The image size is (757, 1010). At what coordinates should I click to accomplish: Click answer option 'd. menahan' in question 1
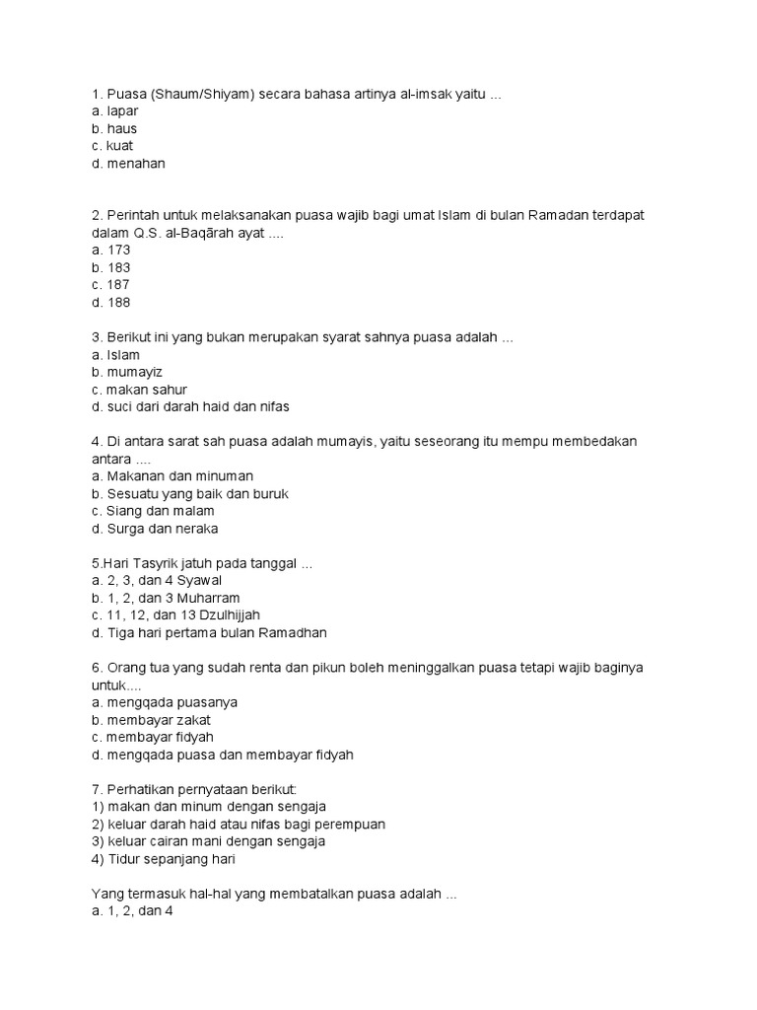[128, 164]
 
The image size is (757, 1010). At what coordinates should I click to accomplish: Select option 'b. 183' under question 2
[110, 267]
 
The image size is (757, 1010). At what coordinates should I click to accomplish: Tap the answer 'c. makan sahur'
[139, 390]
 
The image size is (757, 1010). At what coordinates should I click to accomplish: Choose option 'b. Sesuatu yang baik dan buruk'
[189, 493]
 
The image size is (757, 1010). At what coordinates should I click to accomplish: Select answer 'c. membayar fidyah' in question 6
[152, 737]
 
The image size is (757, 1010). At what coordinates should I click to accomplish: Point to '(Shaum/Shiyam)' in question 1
[197, 94]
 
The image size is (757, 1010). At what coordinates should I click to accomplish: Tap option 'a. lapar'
[115, 111]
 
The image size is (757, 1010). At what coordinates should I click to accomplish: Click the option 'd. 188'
[110, 302]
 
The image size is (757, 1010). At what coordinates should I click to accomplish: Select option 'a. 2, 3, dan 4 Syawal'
[157, 581]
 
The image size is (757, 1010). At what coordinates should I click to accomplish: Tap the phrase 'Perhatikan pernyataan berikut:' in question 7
[200, 789]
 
